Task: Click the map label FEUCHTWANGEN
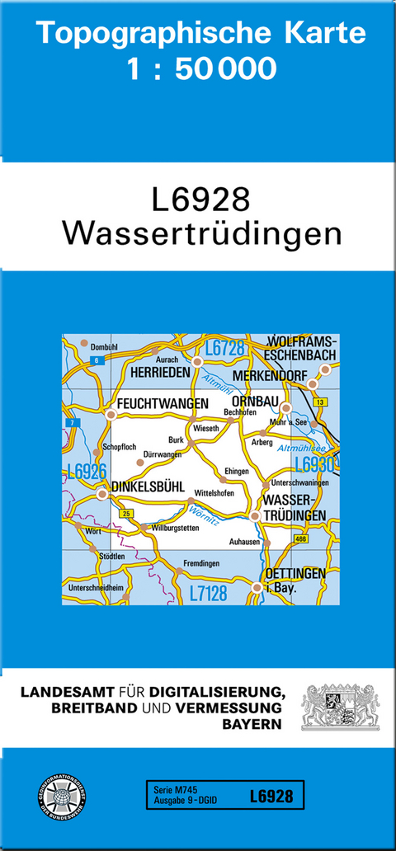163,404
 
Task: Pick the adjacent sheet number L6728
225,348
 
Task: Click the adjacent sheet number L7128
210,593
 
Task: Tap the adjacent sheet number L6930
314,464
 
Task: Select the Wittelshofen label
214,493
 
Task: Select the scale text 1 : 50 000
201,68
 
